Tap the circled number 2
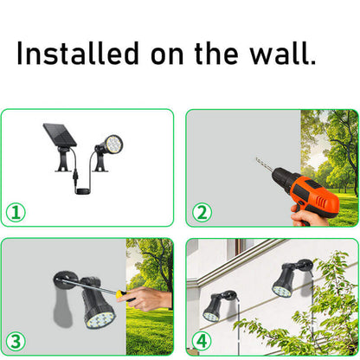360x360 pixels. (202, 211)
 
